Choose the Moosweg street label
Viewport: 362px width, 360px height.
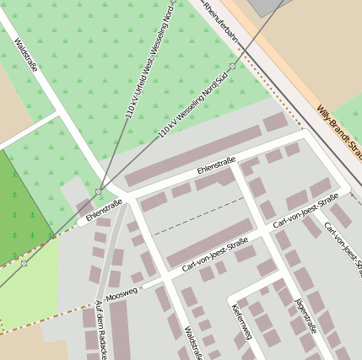point(122,294)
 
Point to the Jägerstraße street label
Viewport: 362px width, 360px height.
point(304,313)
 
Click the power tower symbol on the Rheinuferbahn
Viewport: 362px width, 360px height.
point(232,66)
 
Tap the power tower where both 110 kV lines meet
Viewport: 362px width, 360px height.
point(99,191)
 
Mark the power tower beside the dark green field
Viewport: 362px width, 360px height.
point(24,263)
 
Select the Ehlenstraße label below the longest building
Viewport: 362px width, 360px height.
point(216,166)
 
